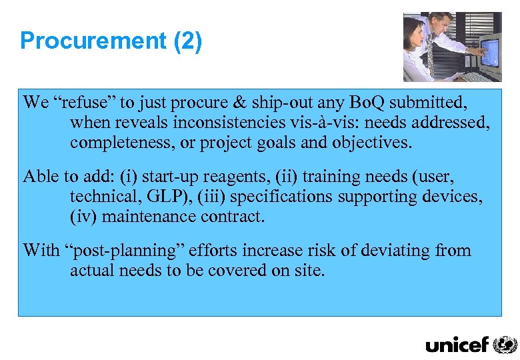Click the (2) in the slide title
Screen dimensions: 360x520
click(x=187, y=41)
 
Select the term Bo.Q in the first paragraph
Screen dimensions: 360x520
click(x=365, y=102)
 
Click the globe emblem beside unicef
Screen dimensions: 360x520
click(x=505, y=344)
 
